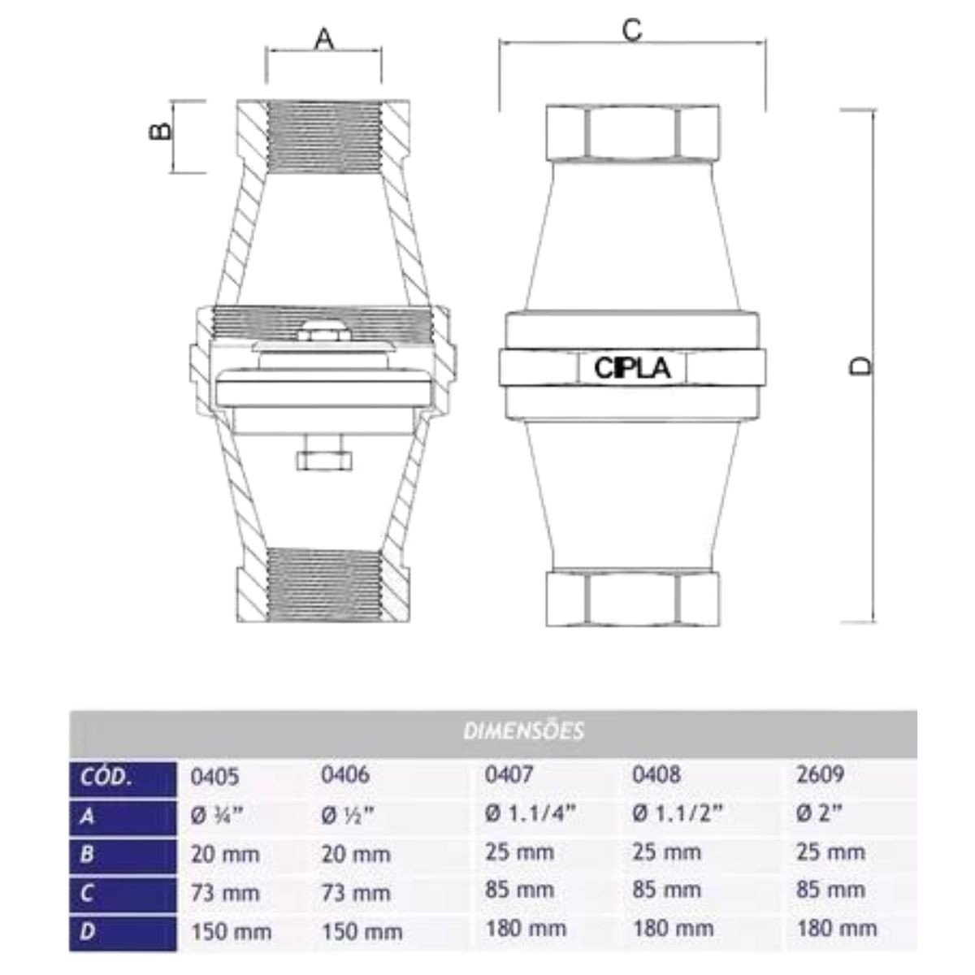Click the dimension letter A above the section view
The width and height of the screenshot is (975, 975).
[x=324, y=39]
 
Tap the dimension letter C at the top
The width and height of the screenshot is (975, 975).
[x=632, y=30]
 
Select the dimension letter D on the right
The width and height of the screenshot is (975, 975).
[x=860, y=366]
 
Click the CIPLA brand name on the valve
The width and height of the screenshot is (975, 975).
[x=632, y=368]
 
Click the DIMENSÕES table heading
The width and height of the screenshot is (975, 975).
[x=524, y=731]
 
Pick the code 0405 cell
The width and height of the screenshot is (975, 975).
[x=214, y=777]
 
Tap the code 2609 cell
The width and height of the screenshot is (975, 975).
[x=820, y=774]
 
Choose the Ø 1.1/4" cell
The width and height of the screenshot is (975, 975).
[x=531, y=813]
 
